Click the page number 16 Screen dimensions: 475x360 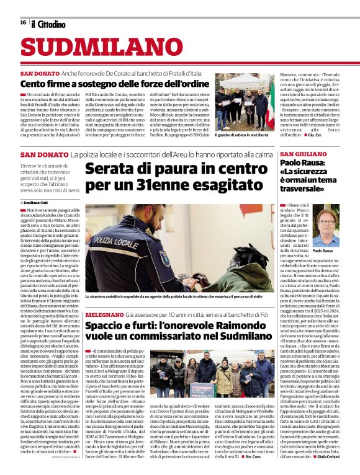tap(23, 22)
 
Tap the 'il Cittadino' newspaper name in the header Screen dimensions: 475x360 tap(48, 24)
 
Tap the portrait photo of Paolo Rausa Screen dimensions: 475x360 tap(326, 226)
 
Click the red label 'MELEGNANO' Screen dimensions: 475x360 tap(104, 315)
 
